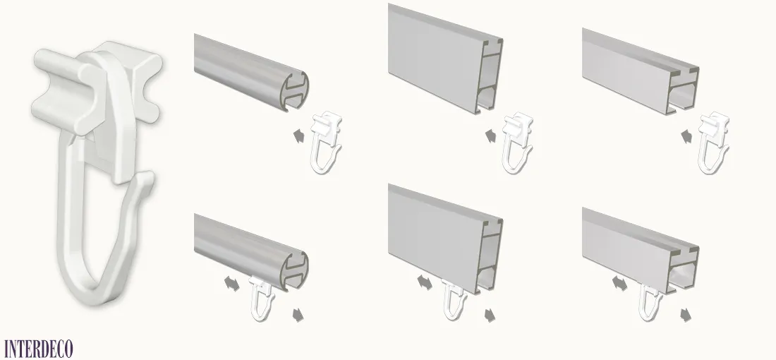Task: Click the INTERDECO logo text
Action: pos(38,349)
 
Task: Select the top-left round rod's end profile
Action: pos(294,91)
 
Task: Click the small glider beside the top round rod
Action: pos(327,143)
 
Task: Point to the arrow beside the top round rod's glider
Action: pos(298,136)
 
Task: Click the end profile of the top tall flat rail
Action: pos(490,77)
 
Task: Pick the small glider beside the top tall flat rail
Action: pos(518,143)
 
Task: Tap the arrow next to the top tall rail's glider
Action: pos(490,136)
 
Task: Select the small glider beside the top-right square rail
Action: pos(713,143)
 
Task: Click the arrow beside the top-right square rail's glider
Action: pos(687,136)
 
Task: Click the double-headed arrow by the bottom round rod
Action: pos(231,284)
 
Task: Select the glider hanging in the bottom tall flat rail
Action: pos(454,300)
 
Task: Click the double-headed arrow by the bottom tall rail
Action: pos(424,283)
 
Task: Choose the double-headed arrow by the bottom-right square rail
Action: pos(619,284)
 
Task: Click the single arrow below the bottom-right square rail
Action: pos(686,314)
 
